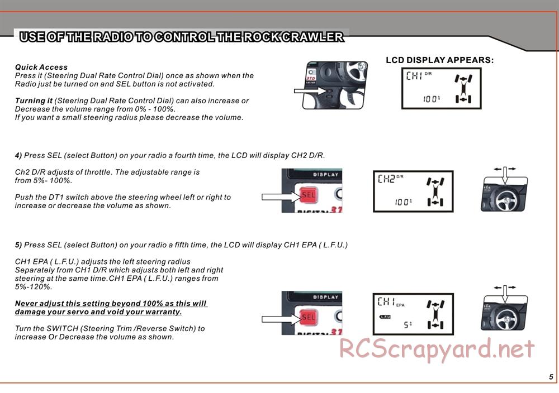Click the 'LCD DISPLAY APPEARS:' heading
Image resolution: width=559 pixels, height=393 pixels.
coord(439,60)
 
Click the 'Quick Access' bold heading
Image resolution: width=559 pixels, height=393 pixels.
coord(41,67)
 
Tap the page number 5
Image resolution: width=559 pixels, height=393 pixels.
coord(551,377)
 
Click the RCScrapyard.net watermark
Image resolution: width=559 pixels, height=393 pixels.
coord(437,349)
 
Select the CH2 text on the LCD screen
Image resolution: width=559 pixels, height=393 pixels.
coord(386,178)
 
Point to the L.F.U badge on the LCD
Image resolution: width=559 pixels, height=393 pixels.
coord(385,317)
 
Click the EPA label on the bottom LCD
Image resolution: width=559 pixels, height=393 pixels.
coord(400,305)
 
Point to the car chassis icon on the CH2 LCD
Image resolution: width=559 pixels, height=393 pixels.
coord(435,192)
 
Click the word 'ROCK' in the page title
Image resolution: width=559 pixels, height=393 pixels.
coord(263,37)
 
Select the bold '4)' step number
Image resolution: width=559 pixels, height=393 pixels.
coord(18,156)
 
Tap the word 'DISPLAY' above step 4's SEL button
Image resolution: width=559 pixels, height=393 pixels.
coord(325,175)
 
